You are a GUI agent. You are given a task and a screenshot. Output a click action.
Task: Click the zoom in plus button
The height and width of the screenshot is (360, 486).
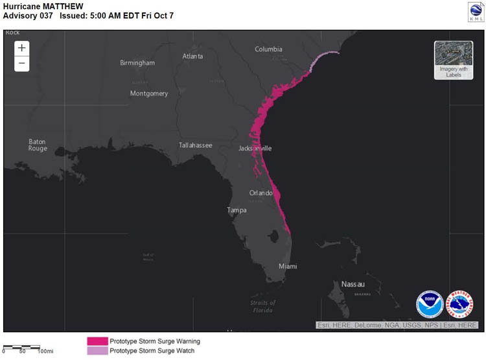tap(22, 48)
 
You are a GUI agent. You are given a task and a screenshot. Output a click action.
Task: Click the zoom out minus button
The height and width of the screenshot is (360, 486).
tap(22, 63)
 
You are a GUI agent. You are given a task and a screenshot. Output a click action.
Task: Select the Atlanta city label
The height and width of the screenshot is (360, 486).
tap(192, 56)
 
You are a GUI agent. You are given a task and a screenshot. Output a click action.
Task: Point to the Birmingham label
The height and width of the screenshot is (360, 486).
tap(137, 63)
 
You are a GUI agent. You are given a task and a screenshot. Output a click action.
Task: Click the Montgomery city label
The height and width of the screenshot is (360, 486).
tap(149, 93)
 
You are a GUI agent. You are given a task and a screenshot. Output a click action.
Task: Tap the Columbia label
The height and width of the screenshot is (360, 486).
tap(268, 49)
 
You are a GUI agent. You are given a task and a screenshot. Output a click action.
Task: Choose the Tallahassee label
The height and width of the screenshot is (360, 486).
tap(196, 145)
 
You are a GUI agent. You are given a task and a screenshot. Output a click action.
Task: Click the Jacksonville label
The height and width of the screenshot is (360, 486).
tap(255, 149)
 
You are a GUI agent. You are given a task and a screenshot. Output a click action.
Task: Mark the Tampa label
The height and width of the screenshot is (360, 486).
tap(237, 210)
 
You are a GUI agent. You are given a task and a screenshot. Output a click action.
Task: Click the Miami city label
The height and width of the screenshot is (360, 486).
tap(288, 267)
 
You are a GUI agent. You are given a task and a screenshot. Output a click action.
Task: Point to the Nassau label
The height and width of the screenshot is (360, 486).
tap(353, 284)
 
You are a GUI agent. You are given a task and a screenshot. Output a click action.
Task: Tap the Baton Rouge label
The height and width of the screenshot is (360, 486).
tap(38, 145)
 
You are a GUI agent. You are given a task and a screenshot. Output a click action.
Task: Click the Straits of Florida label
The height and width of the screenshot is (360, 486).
tap(262, 306)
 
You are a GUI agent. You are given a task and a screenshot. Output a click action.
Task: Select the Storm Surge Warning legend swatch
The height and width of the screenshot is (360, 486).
tap(97, 341)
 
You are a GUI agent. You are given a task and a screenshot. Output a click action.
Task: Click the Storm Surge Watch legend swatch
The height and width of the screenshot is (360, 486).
tap(97, 351)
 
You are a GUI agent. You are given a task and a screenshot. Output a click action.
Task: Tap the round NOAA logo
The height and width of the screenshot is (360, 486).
tap(429, 304)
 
